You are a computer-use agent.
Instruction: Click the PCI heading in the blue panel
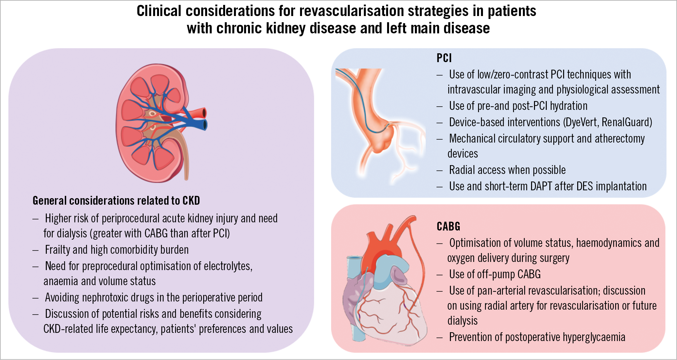tap(444, 58)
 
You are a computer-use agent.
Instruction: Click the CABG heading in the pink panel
tap(448, 226)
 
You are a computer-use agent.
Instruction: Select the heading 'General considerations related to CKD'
tap(116, 200)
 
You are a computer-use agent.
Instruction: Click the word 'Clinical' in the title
tap(159, 11)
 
